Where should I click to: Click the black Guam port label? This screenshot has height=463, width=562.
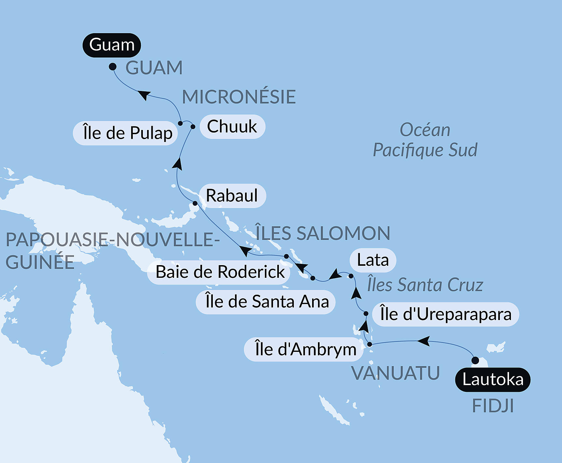[112, 45]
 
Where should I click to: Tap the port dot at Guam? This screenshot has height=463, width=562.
[113, 67]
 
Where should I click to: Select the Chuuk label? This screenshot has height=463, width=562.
[232, 126]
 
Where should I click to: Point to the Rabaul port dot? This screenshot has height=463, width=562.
[195, 203]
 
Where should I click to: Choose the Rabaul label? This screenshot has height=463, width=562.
[232, 196]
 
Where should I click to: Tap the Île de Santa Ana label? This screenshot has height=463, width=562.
[266, 302]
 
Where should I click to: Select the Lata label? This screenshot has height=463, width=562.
[373, 260]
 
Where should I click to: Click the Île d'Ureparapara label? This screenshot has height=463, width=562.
[445, 314]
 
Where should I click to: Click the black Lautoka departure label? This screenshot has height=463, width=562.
[492, 379]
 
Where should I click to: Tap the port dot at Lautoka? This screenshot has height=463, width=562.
[475, 360]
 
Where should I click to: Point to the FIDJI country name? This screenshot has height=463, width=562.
[493, 406]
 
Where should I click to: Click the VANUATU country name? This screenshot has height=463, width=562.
[396, 373]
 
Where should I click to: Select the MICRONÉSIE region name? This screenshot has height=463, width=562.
[239, 97]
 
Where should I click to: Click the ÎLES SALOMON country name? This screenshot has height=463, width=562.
[323, 233]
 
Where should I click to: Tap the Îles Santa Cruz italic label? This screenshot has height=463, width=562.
[425, 285]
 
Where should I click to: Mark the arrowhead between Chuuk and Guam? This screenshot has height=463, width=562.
[144, 95]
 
